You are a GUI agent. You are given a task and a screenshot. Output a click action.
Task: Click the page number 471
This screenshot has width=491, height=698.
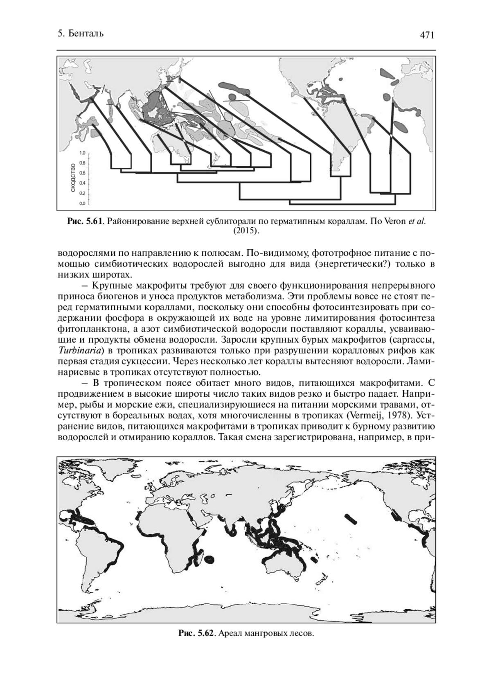click(426, 35)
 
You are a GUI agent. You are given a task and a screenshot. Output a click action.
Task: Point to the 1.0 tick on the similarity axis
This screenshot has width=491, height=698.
click(82, 153)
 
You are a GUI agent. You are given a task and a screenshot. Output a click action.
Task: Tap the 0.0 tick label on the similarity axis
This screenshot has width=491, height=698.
click(82, 203)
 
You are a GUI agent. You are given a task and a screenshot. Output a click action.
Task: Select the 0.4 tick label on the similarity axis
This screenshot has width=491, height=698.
click(82, 183)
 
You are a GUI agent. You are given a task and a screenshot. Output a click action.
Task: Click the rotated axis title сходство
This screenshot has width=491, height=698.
click(73, 177)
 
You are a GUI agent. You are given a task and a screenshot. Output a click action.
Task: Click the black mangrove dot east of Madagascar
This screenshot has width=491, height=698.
click(211, 559)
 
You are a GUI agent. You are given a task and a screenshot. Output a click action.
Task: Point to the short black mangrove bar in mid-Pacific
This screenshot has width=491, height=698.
click(351, 519)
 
